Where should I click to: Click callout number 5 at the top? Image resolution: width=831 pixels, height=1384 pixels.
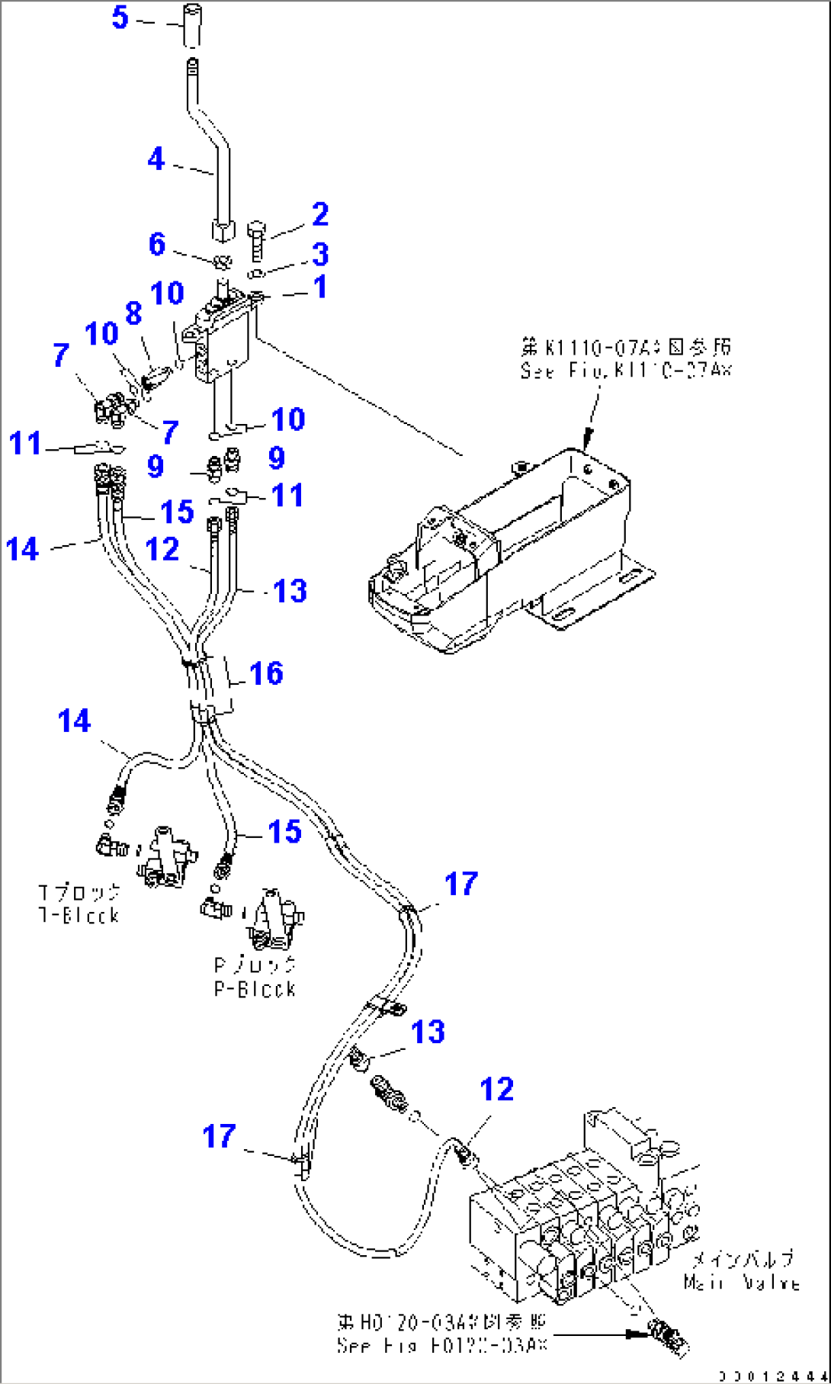[x=120, y=17]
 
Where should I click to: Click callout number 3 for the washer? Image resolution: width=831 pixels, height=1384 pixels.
[x=320, y=254]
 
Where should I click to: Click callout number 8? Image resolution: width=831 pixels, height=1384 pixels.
[x=133, y=312]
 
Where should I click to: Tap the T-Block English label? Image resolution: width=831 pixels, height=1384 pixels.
[x=79, y=915]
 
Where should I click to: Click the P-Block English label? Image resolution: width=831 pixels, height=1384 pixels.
[x=255, y=989]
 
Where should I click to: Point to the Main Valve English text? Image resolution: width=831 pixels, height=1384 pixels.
[x=741, y=1283]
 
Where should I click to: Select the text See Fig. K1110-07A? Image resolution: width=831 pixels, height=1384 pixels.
[x=625, y=371]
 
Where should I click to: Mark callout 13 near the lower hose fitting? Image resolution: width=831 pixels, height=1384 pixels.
[x=428, y=1032]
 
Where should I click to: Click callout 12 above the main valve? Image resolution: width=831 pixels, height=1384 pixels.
[x=496, y=1089]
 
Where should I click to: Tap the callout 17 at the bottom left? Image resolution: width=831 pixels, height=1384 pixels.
[x=219, y=1135]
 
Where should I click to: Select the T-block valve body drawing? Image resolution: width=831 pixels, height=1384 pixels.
[x=166, y=857]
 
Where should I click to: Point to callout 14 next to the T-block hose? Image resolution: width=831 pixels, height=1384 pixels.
[x=74, y=721]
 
